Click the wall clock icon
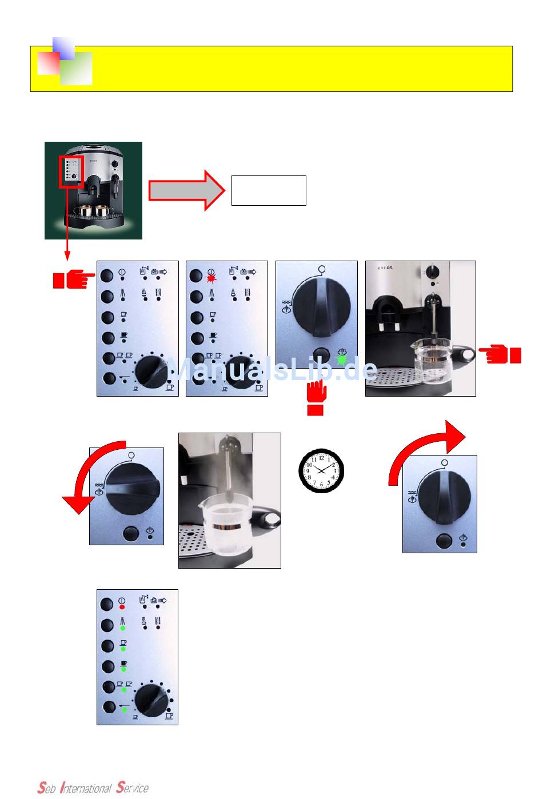point(321,470)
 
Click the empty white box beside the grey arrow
point(269,190)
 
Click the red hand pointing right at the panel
point(73,279)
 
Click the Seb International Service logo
point(93,788)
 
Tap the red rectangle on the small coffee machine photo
point(71,171)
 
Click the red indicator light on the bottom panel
point(122,607)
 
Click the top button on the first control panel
point(107,275)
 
